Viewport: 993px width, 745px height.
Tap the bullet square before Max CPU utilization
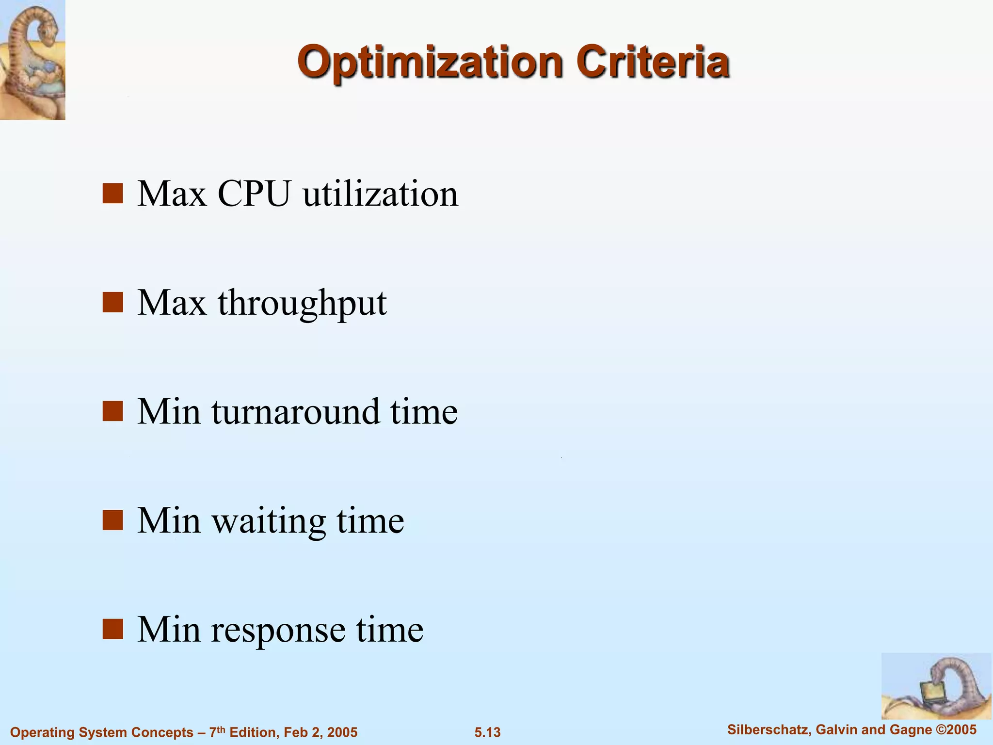click(x=112, y=194)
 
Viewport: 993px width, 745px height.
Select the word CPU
click(x=254, y=194)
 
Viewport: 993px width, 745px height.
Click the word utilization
click(x=380, y=194)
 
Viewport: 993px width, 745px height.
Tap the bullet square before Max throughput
click(x=112, y=303)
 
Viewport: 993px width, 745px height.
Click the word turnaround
click(x=295, y=412)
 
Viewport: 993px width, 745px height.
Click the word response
click(x=278, y=631)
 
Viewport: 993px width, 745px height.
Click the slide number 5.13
click(x=487, y=732)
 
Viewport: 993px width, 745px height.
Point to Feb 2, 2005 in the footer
click(x=320, y=732)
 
